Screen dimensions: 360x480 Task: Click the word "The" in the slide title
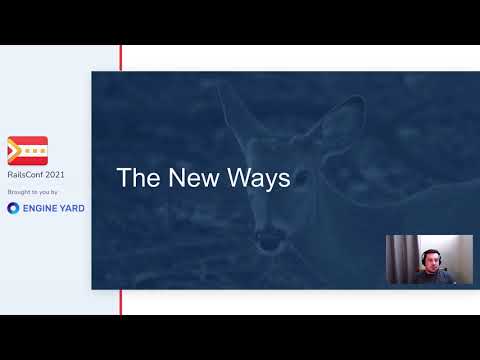(134, 179)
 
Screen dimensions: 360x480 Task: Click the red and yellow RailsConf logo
(27, 151)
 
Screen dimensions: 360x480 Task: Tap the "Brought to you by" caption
(33, 191)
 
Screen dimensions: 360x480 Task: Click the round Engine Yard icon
(13, 208)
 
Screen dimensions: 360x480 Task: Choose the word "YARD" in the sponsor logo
(71, 208)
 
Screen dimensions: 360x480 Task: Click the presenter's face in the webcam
(430, 262)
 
